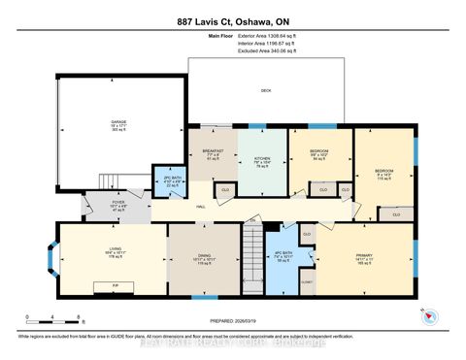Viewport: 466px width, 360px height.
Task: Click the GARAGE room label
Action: (118, 125)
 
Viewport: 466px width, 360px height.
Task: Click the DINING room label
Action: (204, 259)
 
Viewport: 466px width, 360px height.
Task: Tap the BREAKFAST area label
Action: (213, 154)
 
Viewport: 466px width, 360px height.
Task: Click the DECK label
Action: (266, 90)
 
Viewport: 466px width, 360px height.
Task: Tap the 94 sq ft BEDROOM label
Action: (319, 155)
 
